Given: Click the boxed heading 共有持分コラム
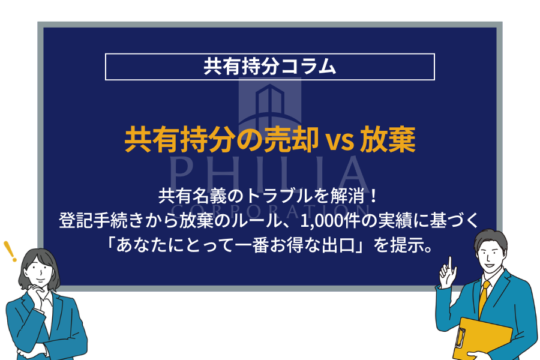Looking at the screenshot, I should [269, 67].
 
